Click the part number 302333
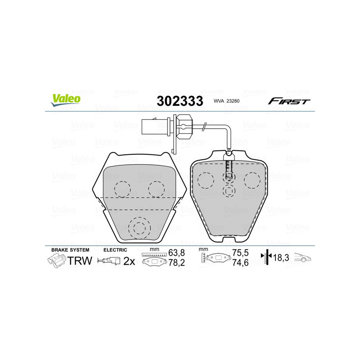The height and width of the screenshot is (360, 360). point(180,100)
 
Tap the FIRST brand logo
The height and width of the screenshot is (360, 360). point(289,101)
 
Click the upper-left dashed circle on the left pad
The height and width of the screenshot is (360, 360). point(122,189)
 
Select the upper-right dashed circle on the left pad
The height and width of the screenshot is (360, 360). point(156,189)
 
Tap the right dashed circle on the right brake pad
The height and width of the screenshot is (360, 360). point(252,180)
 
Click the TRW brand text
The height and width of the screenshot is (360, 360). point(80,261)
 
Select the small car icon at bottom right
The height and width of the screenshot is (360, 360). point(302,258)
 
